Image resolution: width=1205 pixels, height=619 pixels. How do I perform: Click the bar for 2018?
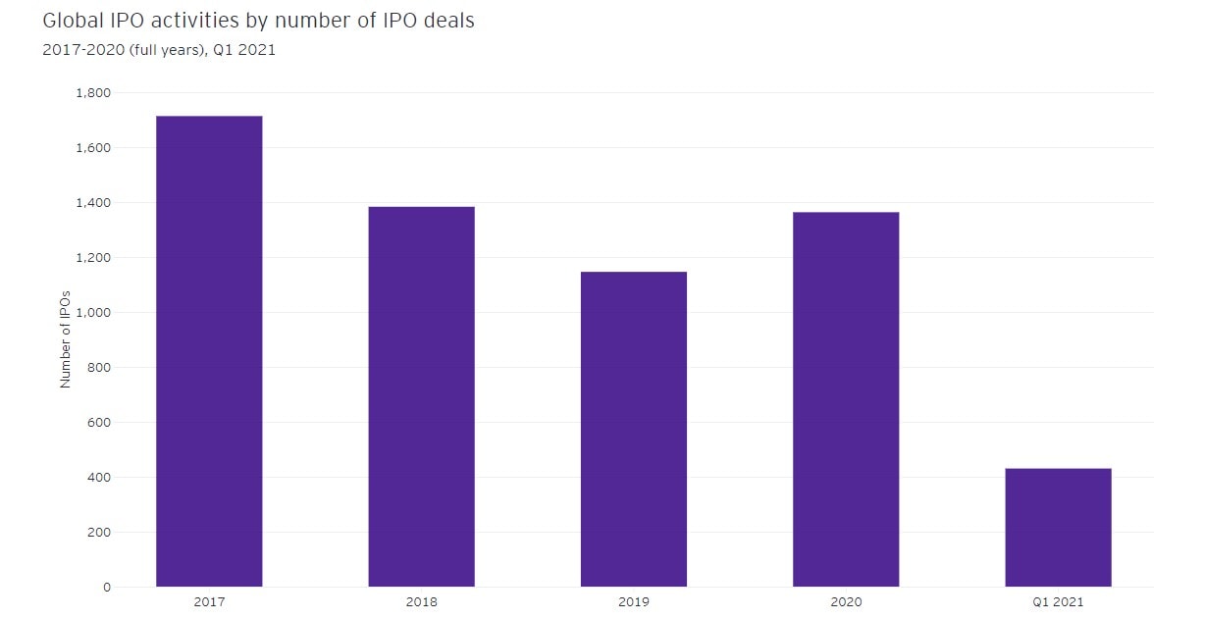421,396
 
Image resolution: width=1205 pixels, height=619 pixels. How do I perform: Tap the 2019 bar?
633,429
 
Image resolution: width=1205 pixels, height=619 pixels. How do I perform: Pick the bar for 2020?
846,399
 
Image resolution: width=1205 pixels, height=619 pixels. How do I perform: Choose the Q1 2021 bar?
1058,528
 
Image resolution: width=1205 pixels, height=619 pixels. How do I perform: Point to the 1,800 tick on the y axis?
93,93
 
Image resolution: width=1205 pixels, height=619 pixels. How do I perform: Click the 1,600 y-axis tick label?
93,148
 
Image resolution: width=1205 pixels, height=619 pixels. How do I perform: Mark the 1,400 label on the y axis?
93,203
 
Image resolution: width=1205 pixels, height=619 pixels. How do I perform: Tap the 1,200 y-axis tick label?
93,258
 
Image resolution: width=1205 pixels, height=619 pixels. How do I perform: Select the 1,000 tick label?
93,313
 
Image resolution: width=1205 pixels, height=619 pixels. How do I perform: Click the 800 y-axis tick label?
99,368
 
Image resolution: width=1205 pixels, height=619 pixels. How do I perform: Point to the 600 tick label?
99,423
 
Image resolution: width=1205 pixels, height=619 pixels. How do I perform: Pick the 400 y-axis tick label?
99,478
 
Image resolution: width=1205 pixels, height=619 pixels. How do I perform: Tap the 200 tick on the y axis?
99,533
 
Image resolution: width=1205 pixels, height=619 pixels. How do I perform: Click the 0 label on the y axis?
107,588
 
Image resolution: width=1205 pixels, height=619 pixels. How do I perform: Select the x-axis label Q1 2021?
1058,602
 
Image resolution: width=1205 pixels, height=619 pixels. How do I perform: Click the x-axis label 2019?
633,602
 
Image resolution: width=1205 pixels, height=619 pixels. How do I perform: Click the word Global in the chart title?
70,21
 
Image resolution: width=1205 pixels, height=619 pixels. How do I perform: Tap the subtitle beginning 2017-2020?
159,51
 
